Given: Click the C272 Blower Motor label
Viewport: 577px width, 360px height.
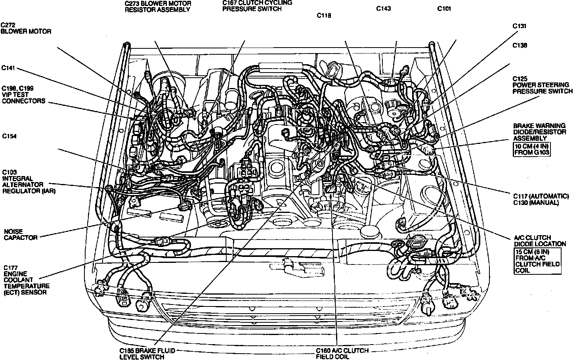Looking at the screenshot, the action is pos(26,28).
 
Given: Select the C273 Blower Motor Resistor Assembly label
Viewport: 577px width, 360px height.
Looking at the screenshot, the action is pos(158,6).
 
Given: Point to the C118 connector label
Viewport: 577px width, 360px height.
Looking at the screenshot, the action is pos(324,15).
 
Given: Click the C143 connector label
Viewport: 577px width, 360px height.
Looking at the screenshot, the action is pos(383,8).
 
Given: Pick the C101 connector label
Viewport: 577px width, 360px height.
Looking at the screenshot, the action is pos(444,8).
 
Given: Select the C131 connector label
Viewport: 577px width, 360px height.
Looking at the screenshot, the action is pos(519,26).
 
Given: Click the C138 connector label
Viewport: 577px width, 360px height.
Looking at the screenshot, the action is pos(520,45).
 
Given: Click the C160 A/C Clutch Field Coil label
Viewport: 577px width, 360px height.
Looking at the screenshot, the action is pos(342,354).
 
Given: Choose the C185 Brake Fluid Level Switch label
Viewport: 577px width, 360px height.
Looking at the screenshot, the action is pos(147,354).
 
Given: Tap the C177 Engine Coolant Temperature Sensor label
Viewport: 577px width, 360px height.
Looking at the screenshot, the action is pos(27,280).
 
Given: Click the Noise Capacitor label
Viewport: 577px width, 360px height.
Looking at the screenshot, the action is pos(21,234).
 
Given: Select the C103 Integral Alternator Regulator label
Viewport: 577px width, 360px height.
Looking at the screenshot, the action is pos(29,181).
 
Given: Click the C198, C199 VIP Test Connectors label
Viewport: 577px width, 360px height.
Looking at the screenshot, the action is pos(23,94).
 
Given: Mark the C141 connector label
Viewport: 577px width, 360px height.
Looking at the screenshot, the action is pos(8,68).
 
